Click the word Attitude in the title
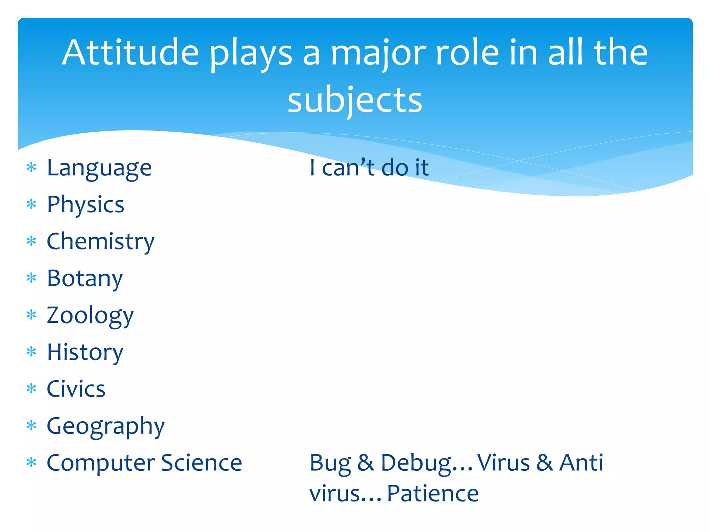pos(130,53)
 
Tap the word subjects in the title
pos(355,100)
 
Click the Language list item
pos(99,168)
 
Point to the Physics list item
pos(85,205)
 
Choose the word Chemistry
pos(101,241)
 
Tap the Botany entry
pos(85,278)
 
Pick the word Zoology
pos(90,316)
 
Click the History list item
pos(85,352)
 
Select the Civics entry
pos(76,389)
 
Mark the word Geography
pos(106,426)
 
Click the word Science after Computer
pos(201,463)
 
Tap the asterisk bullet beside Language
pos(31,168)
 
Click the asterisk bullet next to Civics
pos(31,389)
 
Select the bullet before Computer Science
pos(31,462)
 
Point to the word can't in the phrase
pos(348,168)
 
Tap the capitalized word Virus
pos(503,463)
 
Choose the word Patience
pos(433,494)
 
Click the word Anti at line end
pos(581,463)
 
